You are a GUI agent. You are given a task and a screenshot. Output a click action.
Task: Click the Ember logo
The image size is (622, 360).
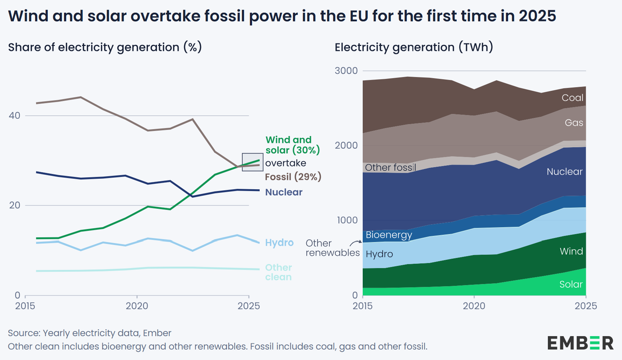(x=580, y=343)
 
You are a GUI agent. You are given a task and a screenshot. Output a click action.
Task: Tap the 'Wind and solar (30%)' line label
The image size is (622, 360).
(x=292, y=145)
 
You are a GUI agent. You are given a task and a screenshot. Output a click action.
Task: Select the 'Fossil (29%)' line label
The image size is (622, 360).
(x=293, y=177)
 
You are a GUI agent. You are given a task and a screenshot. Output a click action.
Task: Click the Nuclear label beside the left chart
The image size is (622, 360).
(x=284, y=192)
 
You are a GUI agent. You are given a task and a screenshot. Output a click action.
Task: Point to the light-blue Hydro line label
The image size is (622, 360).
(x=279, y=242)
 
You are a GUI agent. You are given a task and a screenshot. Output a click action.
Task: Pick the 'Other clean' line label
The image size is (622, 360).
(x=278, y=272)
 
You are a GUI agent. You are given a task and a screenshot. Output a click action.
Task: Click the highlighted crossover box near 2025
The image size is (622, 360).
(x=252, y=162)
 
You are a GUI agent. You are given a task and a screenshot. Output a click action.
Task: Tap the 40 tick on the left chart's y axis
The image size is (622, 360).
(x=14, y=115)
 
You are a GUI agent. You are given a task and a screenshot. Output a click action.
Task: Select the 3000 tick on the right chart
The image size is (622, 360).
(x=346, y=71)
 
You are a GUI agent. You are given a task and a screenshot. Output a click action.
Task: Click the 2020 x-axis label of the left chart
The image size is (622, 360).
(x=137, y=306)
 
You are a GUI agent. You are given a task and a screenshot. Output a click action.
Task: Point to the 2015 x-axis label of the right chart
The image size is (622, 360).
(x=362, y=306)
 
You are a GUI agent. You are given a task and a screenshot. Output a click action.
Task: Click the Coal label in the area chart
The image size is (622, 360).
(x=572, y=98)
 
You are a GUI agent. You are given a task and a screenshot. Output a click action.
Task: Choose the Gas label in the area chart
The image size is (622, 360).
(x=574, y=123)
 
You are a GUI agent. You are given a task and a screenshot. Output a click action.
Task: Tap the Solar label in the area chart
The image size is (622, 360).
(x=571, y=284)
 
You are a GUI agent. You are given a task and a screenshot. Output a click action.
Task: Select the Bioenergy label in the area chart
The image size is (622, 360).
(x=389, y=235)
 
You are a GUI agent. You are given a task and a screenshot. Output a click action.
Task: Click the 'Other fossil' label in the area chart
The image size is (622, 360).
(x=391, y=168)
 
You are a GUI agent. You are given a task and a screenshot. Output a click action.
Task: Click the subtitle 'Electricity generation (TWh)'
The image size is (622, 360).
(x=414, y=47)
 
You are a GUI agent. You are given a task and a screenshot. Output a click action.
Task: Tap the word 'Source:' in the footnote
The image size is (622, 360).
(x=24, y=333)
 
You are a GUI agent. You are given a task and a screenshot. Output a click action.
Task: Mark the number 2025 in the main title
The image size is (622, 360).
(x=537, y=16)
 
